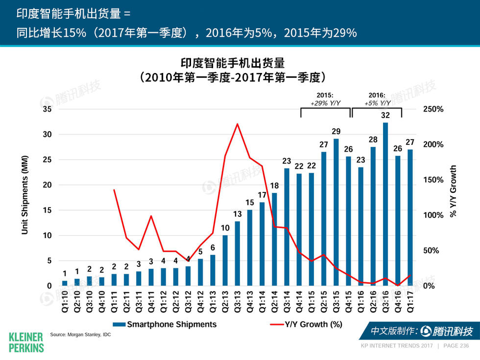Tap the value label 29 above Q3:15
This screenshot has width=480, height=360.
point(336,131)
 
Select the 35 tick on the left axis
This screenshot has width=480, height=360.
point(47,109)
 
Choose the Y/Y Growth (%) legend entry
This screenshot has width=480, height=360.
point(306,324)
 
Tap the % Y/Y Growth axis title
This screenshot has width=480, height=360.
point(453,191)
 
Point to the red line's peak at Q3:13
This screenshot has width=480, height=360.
point(238,124)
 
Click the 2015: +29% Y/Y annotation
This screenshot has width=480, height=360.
point(325,99)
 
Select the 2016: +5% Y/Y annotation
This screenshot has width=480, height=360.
point(378,99)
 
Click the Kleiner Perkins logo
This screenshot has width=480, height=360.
point(26,341)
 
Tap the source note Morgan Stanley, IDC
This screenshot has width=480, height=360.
point(80,335)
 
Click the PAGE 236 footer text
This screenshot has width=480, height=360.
point(456,346)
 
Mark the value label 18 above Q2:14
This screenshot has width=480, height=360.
point(274,185)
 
